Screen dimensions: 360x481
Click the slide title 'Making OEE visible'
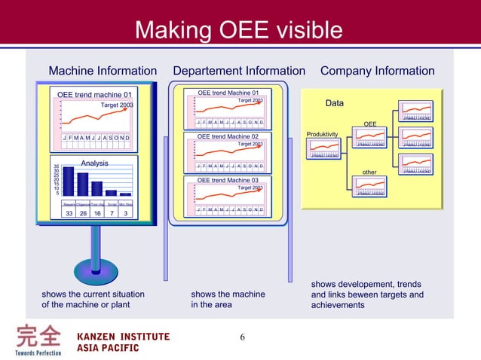(238, 30)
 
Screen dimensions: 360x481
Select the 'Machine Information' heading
(103, 71)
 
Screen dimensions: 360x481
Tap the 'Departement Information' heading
(239, 71)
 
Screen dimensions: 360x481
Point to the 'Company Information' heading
(377, 71)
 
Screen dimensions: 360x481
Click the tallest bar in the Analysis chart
(69, 182)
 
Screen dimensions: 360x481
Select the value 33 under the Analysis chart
(69, 213)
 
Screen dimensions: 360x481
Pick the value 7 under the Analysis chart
(112, 213)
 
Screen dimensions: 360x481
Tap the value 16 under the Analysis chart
(97, 213)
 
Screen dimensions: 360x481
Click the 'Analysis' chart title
(95, 163)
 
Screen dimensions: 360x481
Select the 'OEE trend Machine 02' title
(228, 136)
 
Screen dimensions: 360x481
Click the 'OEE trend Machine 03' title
(228, 181)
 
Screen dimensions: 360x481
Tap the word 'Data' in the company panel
(334, 102)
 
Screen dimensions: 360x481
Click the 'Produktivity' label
(322, 134)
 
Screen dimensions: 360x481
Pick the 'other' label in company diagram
(369, 172)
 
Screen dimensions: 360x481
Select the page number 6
(242, 337)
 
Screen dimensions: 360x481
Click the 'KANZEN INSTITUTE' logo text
(124, 336)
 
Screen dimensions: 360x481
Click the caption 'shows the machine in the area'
(228, 300)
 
